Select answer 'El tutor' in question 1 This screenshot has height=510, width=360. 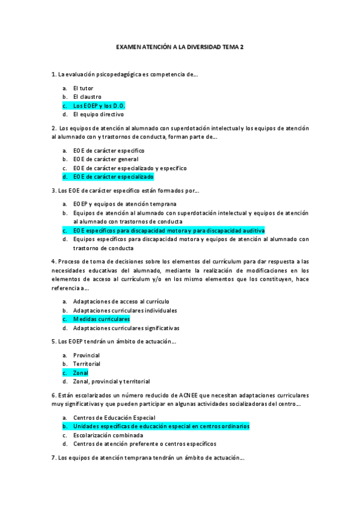tap(83, 88)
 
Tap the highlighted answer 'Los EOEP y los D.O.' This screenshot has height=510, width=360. tap(99, 105)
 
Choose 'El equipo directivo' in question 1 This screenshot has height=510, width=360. tap(98, 114)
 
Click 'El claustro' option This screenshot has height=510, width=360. tap(87, 96)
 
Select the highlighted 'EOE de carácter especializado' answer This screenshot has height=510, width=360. tap(113, 177)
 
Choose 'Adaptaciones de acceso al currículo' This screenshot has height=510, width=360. tap(121, 301)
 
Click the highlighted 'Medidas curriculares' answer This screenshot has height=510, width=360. tap(101, 319)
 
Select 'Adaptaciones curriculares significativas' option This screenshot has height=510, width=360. tap(126, 328)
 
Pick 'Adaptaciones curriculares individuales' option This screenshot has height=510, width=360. tap(125, 310)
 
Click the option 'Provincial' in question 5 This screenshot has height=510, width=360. tap(87, 355)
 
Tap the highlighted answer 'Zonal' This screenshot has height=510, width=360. tap(81, 373)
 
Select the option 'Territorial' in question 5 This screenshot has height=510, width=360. tap(87, 364)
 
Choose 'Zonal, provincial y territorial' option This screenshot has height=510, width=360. tap(111, 381)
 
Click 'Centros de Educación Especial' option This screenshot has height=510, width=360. tap(114, 417)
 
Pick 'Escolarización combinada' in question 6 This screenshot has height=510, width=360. tap(108, 435)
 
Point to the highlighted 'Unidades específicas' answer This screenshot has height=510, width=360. tap(161, 426)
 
